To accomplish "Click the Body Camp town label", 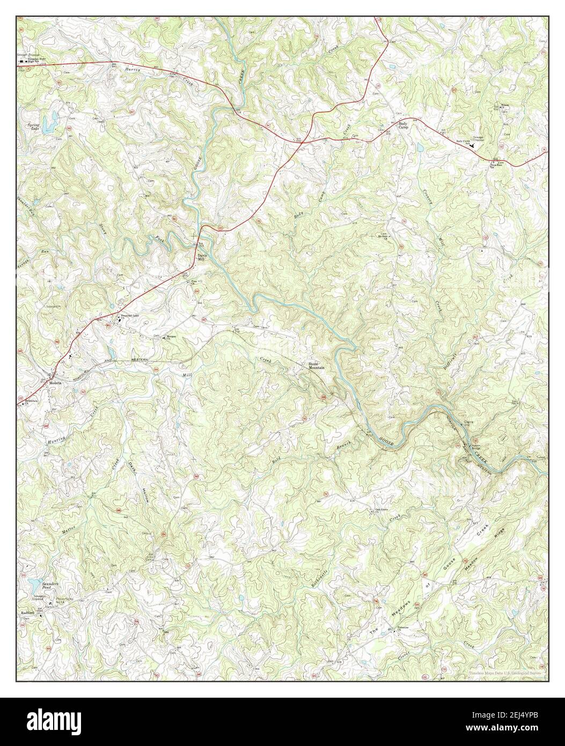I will coord(404,126).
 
